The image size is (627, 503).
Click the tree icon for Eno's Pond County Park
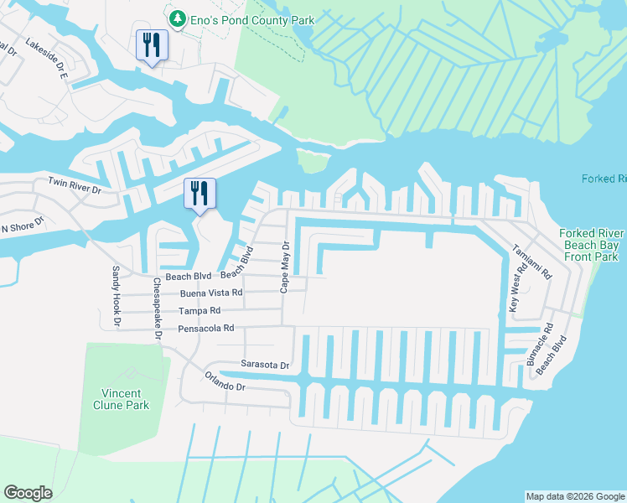point(177,18)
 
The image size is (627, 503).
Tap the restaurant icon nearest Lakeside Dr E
point(152,45)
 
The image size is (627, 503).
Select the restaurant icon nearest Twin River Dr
point(200,194)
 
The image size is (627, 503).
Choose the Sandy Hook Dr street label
point(117,296)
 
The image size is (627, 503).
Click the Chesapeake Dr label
point(156,308)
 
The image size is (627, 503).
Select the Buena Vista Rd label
point(211,293)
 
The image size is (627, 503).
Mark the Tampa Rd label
point(199,310)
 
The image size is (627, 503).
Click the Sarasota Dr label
point(265,366)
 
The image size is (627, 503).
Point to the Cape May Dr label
point(285,267)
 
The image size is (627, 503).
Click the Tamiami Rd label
point(543,262)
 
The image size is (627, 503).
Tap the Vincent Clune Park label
point(121,399)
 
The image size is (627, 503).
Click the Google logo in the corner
point(28,493)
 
